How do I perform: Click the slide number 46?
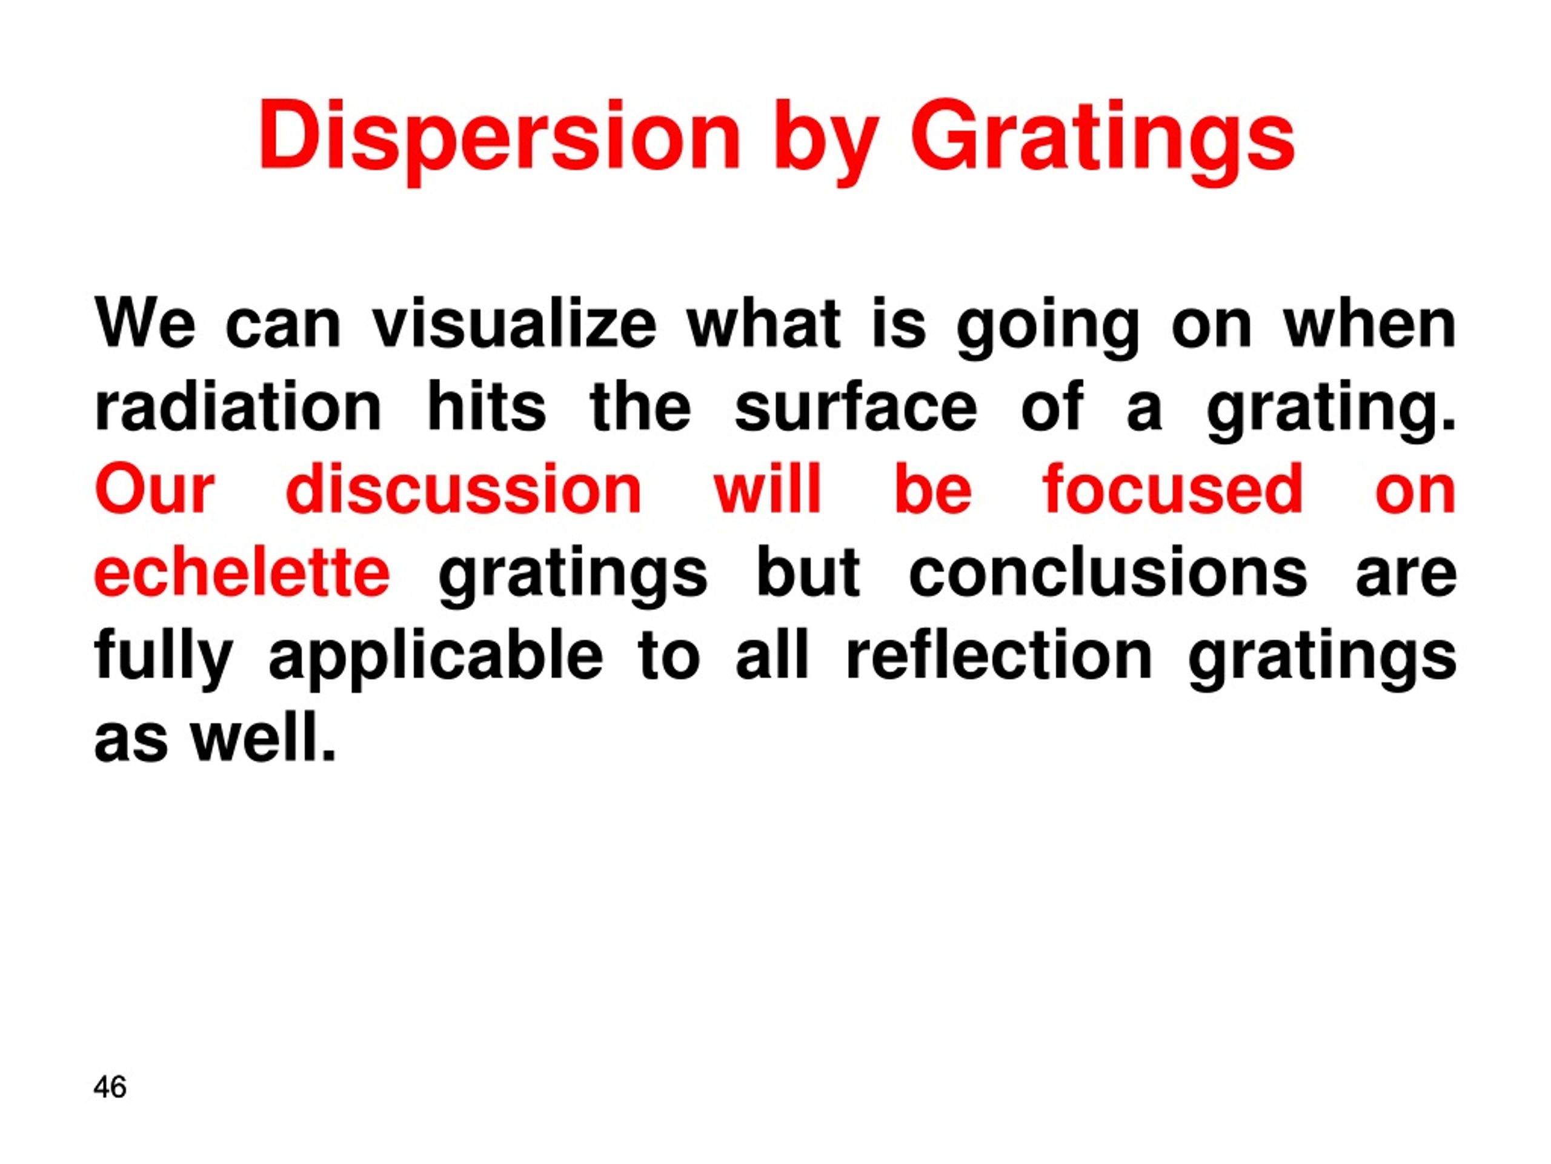click(x=110, y=1087)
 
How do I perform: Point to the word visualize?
click(x=514, y=325)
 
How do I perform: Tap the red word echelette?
click(x=242, y=572)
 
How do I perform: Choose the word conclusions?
click(x=1108, y=572)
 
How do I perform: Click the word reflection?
click(x=999, y=655)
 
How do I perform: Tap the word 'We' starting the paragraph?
click(x=145, y=325)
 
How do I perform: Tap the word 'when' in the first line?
click(x=1369, y=325)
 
